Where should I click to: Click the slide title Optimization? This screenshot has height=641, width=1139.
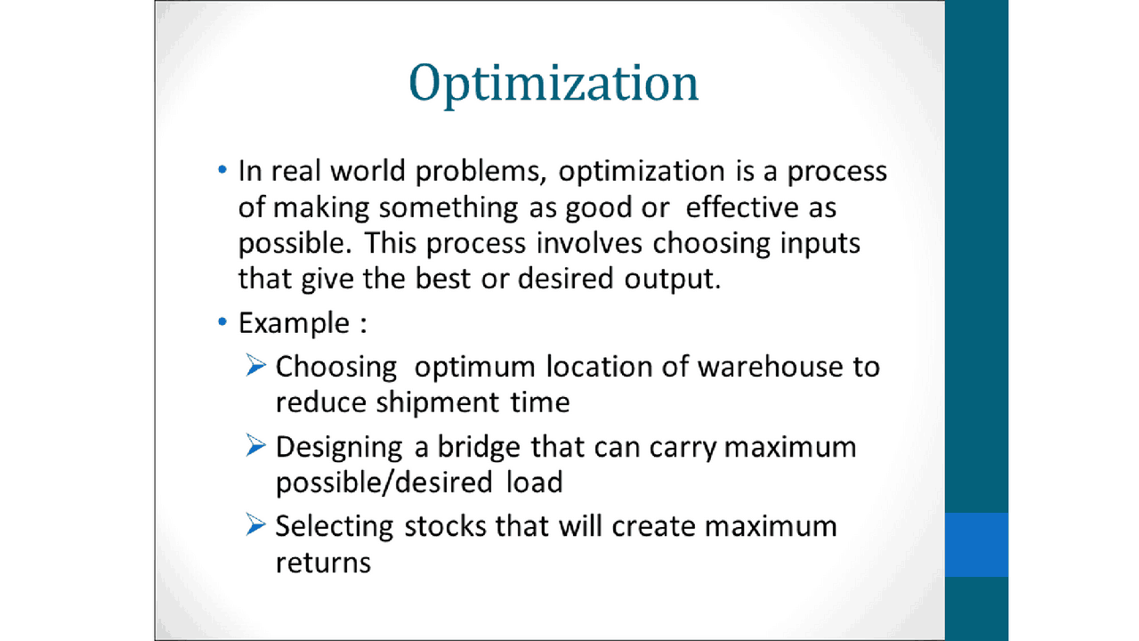click(553, 84)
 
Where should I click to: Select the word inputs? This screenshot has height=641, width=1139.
click(820, 243)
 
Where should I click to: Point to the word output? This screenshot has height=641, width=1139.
click(665, 279)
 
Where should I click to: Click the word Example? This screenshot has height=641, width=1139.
click(294, 322)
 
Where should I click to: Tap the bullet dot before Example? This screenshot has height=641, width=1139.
click(222, 321)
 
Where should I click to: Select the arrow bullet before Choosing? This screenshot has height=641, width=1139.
click(256, 365)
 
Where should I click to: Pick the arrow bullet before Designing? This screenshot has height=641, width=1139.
click(256, 445)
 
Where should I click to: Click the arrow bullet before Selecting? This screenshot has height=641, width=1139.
click(256, 525)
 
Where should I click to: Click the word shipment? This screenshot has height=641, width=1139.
click(426, 402)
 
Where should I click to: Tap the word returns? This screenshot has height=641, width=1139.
click(322, 563)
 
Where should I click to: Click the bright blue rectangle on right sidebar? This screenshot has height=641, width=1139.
click(976, 544)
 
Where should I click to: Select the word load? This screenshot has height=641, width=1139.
click(534, 483)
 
